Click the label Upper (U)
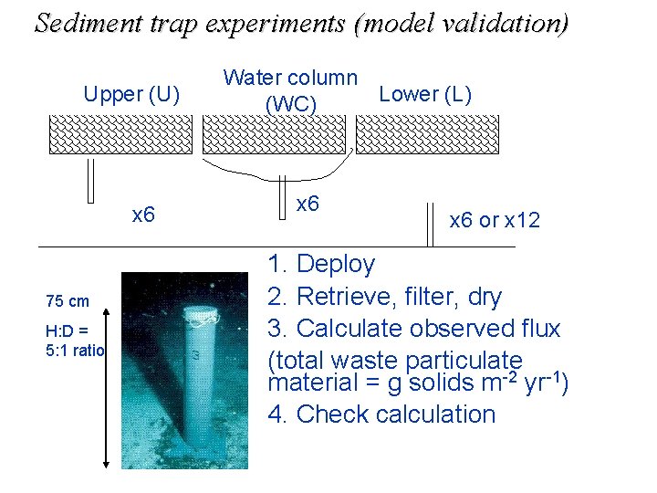point(132,93)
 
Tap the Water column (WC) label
point(290,90)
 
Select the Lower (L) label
point(424,93)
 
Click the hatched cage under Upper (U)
point(120,134)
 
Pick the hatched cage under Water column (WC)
point(273,134)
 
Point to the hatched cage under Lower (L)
point(427,134)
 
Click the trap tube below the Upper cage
point(90,180)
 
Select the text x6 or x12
point(495,220)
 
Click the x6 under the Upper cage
point(143,215)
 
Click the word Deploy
point(335,265)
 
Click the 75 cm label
point(68,302)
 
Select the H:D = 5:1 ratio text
point(76,340)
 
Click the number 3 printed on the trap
point(194,354)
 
